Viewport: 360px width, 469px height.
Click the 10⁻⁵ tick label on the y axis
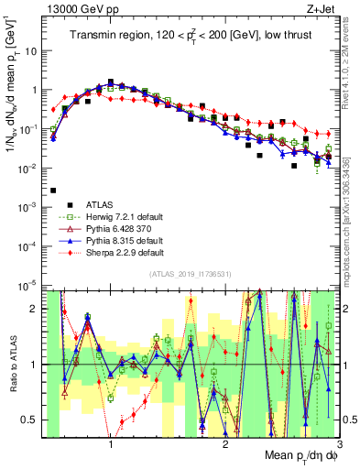tap(30, 286)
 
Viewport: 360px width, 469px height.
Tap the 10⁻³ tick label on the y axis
tap(30, 208)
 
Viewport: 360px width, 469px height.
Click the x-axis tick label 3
tap(340, 445)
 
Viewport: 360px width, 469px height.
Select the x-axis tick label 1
tap(111, 445)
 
